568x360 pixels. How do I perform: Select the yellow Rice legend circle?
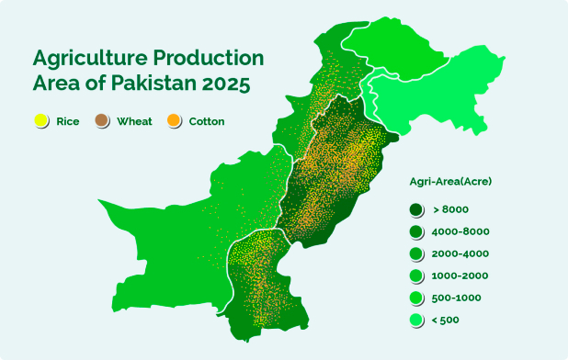coord(40,121)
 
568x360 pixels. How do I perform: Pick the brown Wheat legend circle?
coord(102,121)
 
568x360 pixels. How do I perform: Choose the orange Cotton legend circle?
coord(174,121)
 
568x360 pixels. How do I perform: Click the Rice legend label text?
coord(67,121)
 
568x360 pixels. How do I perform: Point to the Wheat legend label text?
coord(134,121)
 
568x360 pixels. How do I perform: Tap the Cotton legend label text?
coord(207,121)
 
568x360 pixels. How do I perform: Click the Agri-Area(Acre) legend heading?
coord(450,181)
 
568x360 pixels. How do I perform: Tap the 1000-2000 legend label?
coord(460,276)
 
